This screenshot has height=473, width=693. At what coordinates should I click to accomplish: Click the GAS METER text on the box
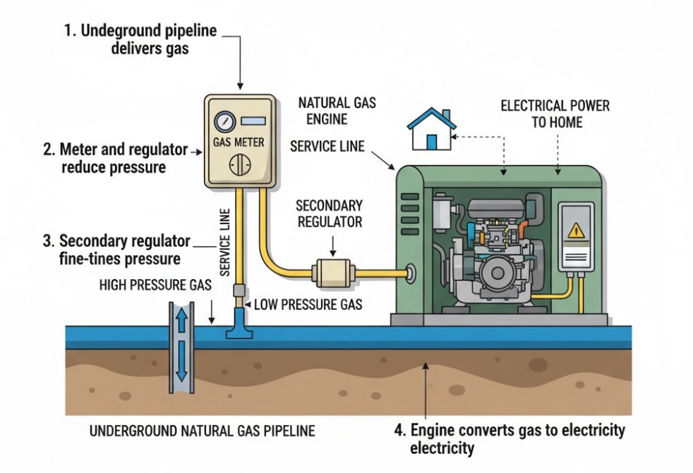click(239, 142)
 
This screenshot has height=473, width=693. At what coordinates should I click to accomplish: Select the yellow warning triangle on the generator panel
click(576, 230)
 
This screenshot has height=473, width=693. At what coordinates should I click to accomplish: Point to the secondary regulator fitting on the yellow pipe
click(330, 271)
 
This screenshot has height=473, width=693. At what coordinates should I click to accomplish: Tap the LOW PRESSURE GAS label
click(307, 305)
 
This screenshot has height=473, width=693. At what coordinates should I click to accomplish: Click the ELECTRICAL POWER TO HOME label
click(555, 114)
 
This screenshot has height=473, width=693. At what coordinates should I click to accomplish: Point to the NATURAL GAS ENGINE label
click(337, 111)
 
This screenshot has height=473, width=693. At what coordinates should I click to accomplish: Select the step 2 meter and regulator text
click(114, 158)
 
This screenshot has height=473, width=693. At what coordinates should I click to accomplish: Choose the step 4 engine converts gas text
click(517, 438)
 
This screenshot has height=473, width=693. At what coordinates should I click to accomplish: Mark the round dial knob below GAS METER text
click(239, 167)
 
